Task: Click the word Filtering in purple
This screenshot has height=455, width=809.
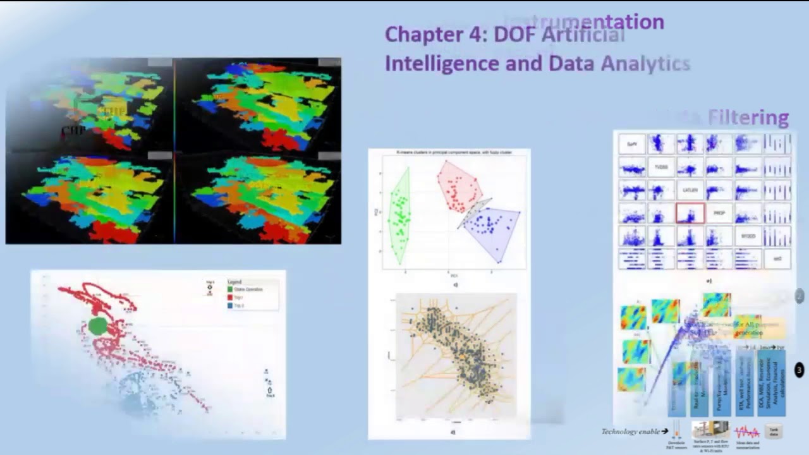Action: point(748,118)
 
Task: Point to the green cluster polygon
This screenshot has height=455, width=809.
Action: point(399,215)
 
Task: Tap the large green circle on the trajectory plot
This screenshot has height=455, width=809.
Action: point(97,326)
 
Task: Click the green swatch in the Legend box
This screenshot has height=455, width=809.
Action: point(230,289)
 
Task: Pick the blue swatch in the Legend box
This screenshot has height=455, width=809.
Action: point(230,305)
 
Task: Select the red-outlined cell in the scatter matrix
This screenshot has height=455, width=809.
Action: point(690,214)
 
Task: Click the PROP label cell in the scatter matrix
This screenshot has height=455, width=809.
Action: point(719,214)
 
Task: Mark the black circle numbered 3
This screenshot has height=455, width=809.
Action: point(799,370)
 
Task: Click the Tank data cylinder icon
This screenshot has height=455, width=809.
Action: point(773,432)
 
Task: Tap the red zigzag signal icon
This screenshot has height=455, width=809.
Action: point(746,432)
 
